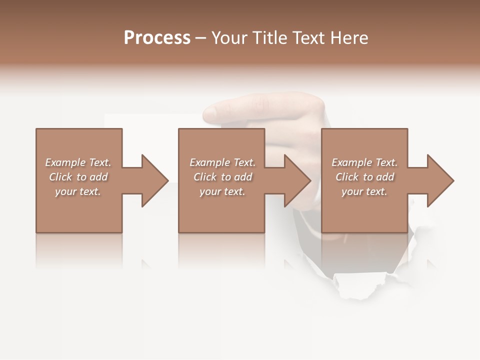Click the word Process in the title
click(157, 38)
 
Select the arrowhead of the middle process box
click(296, 180)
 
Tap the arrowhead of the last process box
click(439, 180)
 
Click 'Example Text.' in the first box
click(78, 162)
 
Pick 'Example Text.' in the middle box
click(222, 162)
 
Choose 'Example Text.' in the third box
click(364, 162)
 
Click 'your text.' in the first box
click(78, 191)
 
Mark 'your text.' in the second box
click(222, 191)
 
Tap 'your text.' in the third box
click(364, 191)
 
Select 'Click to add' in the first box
click(78, 177)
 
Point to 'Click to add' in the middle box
click(222, 177)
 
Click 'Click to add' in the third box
click(364, 177)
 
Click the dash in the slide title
click(201, 38)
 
